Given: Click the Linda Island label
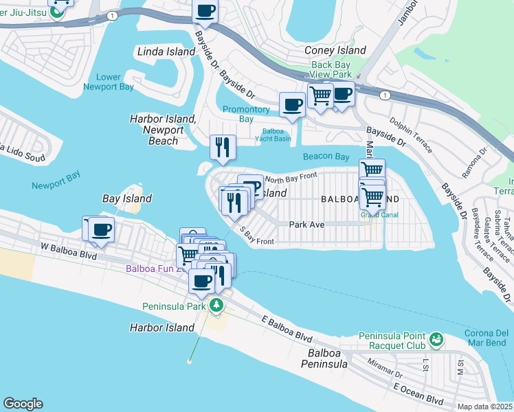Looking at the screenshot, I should click(161, 51).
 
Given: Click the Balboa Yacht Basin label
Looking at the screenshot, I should click(276, 135).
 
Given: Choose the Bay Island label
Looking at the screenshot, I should click(126, 198).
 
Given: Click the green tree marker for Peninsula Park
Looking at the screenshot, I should click(216, 306).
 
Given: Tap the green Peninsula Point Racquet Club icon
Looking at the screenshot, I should click(435, 339).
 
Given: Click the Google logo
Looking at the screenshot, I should click(22, 404).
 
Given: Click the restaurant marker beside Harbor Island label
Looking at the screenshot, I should click(222, 146).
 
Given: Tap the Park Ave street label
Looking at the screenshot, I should click(306, 224).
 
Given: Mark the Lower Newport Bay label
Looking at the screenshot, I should click(102, 82).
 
